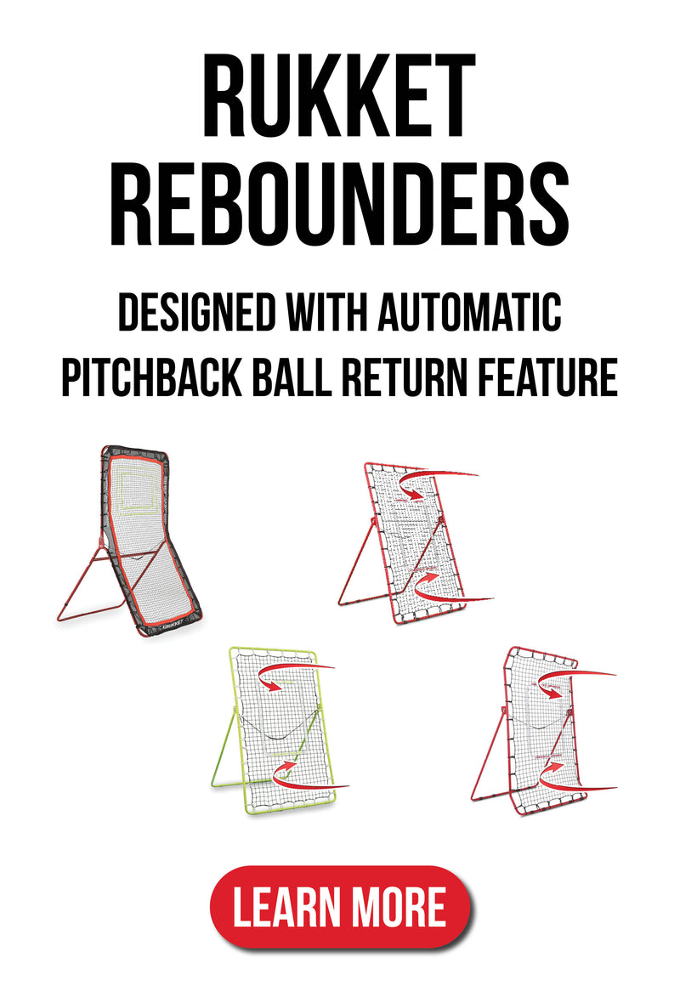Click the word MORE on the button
(x=400, y=907)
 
